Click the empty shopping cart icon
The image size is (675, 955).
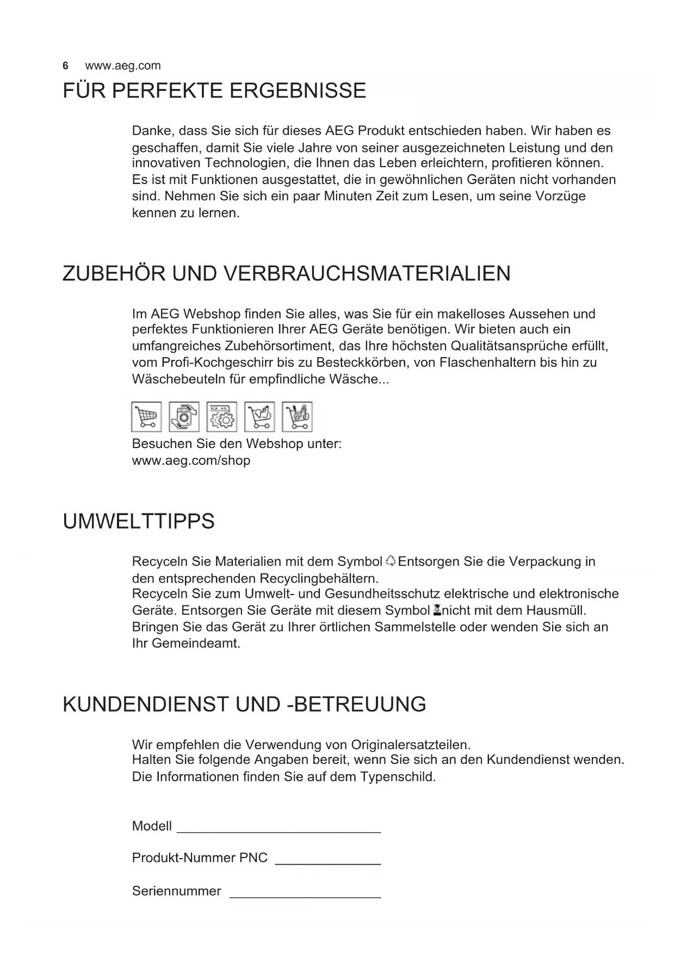pyautogui.click(x=146, y=417)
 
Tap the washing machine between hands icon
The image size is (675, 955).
pyautogui.click(x=184, y=417)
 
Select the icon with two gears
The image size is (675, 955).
pyautogui.click(x=222, y=417)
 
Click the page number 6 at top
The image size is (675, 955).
pyautogui.click(x=66, y=66)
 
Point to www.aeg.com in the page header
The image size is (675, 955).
pyautogui.click(x=123, y=66)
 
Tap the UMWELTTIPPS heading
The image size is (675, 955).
pyautogui.click(x=139, y=522)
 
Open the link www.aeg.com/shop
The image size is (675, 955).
pyautogui.click(x=191, y=461)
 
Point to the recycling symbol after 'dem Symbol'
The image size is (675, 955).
pyautogui.click(x=391, y=561)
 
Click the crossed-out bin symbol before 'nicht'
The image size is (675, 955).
pyautogui.click(x=435, y=610)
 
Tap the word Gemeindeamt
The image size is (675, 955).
pyautogui.click(x=196, y=643)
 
